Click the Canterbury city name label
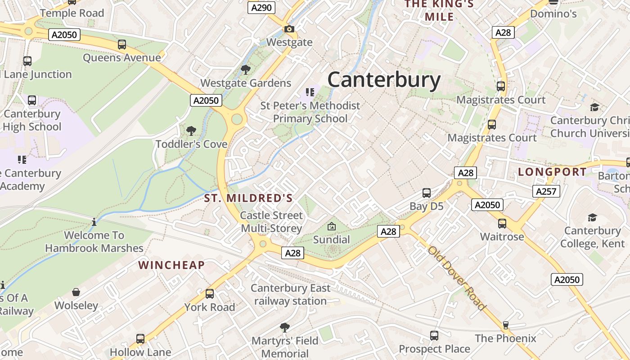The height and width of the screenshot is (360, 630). (x=384, y=80)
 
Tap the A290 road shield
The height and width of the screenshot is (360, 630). (x=261, y=7)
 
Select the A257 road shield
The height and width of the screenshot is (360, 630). (x=546, y=191)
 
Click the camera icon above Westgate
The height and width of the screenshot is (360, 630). (x=289, y=29)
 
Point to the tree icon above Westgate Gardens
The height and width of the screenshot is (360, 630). (x=245, y=70)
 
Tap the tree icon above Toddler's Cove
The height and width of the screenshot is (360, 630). (x=191, y=131)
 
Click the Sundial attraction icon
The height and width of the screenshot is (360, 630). (x=332, y=226)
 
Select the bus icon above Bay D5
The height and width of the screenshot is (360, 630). (x=427, y=193)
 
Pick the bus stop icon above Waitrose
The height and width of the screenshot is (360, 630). (x=502, y=223)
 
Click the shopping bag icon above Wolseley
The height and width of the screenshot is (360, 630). (x=76, y=292)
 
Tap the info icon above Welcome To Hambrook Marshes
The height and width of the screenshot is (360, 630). (x=94, y=222)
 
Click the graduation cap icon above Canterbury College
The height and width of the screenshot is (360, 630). (x=592, y=218)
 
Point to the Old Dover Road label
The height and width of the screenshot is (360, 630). (x=457, y=278)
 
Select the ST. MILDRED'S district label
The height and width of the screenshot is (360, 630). (x=248, y=198)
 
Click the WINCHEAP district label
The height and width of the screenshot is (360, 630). (x=171, y=265)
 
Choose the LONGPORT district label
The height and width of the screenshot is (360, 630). (x=552, y=172)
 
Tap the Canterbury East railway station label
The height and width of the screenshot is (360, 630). (x=290, y=294)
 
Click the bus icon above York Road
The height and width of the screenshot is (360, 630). (x=210, y=294)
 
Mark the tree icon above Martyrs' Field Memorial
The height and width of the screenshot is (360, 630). (x=284, y=327)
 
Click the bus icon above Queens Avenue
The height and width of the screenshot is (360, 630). (x=122, y=45)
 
